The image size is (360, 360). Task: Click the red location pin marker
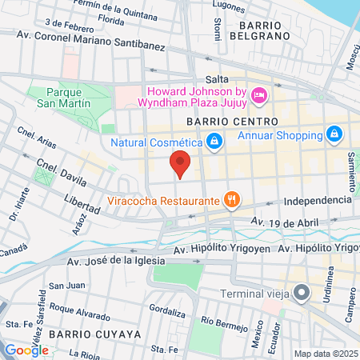click(x=181, y=163)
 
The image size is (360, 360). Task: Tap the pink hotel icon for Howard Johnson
click(x=258, y=97)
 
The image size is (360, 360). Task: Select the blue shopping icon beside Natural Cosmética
click(x=214, y=142)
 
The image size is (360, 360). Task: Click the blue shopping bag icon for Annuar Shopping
click(x=334, y=134)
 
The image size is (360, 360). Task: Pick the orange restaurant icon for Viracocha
click(x=231, y=200)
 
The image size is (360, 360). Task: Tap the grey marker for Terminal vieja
click(x=301, y=294)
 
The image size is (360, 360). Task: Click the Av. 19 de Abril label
click(x=278, y=222)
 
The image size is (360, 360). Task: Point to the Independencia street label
click(x=317, y=199)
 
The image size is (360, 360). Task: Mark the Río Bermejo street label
click(x=219, y=321)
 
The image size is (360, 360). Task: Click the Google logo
click(x=26, y=350)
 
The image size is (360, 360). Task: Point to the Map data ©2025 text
click(x=325, y=354)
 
